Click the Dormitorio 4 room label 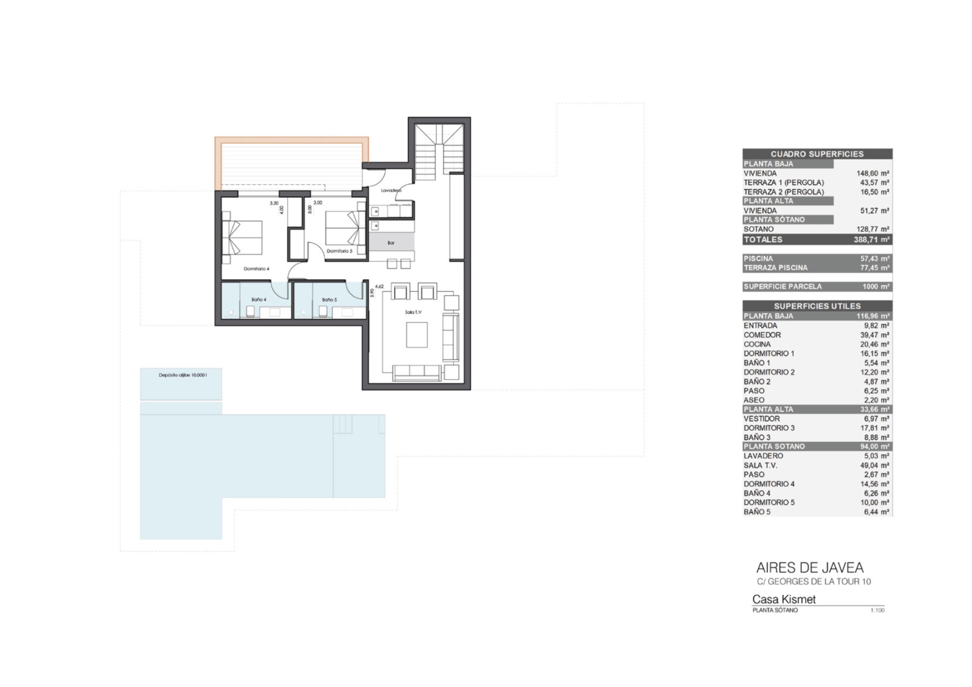[x=256, y=268]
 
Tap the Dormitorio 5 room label [x=339, y=251]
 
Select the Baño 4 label [x=259, y=300]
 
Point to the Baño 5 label [x=329, y=300]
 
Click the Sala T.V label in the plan [x=413, y=312]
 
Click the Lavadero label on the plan [x=391, y=190]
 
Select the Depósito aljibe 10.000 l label [x=183, y=375]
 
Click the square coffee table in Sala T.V [x=416, y=335]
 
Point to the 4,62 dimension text [x=379, y=287]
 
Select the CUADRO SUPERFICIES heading [x=817, y=154]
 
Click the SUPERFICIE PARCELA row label [x=782, y=287]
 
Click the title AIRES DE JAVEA [x=809, y=568]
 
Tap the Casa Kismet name [x=784, y=599]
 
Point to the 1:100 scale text [x=878, y=610]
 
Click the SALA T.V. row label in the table [x=760, y=465]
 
